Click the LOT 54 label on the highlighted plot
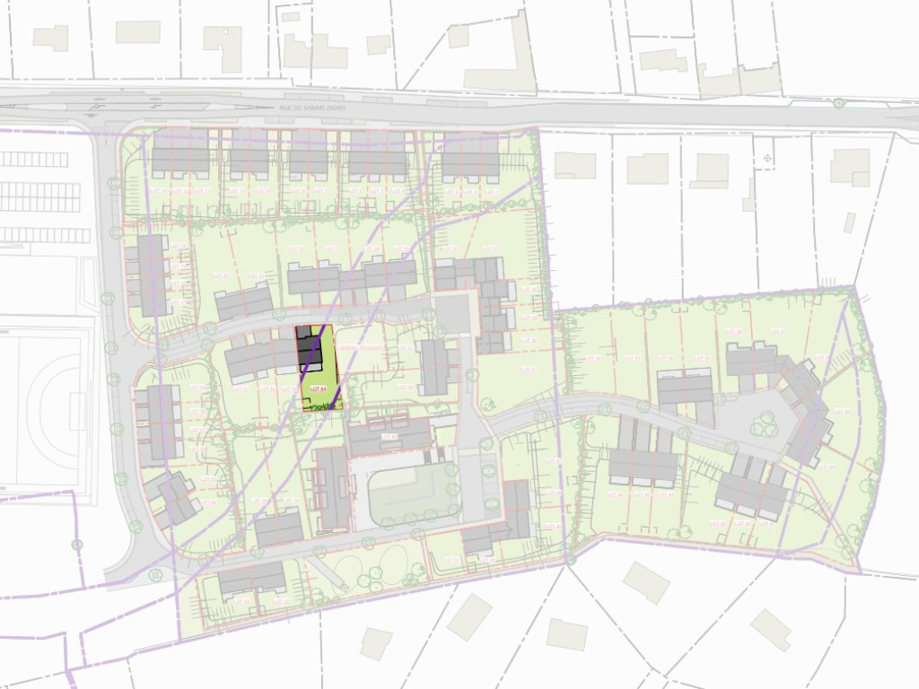315,388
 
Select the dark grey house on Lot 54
310,350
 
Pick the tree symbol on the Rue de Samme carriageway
838,103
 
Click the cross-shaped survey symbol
767,159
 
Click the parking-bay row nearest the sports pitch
45,235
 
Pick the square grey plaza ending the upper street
452,313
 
